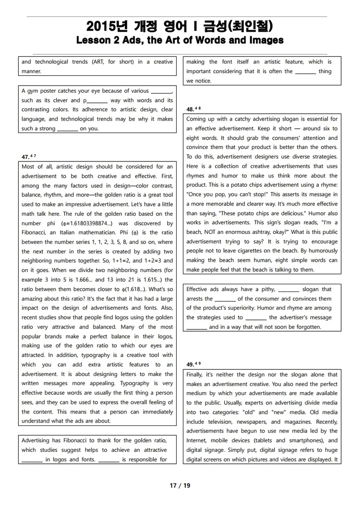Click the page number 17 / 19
click(180, 485)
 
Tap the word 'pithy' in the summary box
click(267, 289)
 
